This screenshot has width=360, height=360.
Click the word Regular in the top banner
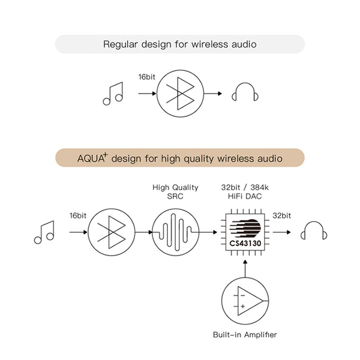pos(120,44)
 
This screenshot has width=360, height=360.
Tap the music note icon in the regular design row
pos(113,94)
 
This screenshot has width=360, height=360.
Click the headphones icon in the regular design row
pos(245,92)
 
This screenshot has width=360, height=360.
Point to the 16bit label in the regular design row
pos(147,77)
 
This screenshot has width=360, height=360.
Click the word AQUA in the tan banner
pos(91,158)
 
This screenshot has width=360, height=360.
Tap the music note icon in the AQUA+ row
pos(44,232)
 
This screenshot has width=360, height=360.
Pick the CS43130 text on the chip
pos(245,244)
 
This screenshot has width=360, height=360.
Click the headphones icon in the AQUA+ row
pos(314,230)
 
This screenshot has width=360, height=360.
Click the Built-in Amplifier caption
pos(245,335)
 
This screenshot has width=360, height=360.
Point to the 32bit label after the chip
pos(281,215)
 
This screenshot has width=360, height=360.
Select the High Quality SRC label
pos(175,192)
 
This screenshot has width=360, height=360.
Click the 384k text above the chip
pos(259,187)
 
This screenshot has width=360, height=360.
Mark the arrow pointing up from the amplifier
pos(245,269)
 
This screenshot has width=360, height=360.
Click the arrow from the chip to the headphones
pos(282,232)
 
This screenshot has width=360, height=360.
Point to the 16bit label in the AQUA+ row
pos(78,215)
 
